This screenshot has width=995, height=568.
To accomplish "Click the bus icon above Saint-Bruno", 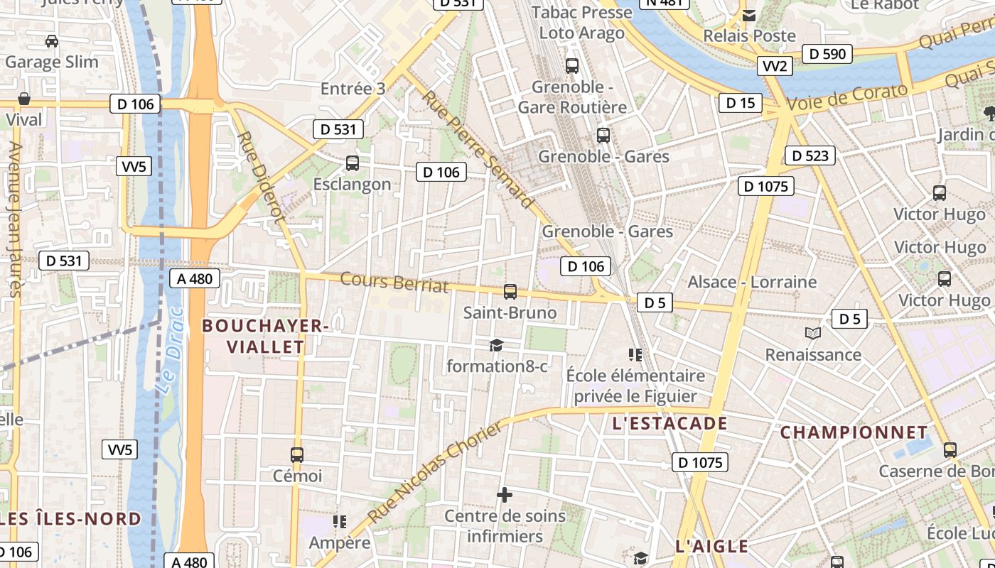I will pyautogui.click(x=510, y=291).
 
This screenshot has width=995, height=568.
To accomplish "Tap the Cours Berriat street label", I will pyautogui.click(x=394, y=282).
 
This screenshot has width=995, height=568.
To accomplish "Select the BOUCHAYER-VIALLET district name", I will pyautogui.click(x=264, y=336).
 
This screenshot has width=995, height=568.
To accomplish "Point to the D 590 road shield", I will pyautogui.click(x=827, y=54).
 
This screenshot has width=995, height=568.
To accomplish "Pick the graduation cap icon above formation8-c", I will pyautogui.click(x=496, y=345).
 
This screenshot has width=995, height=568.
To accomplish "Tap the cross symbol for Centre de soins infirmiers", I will pyautogui.click(x=505, y=494).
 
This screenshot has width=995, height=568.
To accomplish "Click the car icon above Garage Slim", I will pyautogui.click(x=52, y=41).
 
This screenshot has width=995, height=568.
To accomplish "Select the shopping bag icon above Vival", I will pyautogui.click(x=24, y=99).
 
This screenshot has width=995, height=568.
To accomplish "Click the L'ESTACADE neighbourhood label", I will pyautogui.click(x=669, y=424).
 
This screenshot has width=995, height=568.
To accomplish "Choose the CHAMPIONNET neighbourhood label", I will pyautogui.click(x=854, y=432).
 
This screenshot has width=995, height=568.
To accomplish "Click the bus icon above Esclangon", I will pyautogui.click(x=352, y=163).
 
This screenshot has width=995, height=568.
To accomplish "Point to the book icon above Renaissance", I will pyautogui.click(x=813, y=333).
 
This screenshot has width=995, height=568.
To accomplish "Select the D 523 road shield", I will pyautogui.click(x=810, y=155).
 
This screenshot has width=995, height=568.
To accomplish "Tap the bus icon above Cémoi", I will pyautogui.click(x=297, y=454).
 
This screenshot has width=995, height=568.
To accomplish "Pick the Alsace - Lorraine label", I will pyautogui.click(x=752, y=282).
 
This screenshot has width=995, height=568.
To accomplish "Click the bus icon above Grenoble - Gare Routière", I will pyautogui.click(x=572, y=66).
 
